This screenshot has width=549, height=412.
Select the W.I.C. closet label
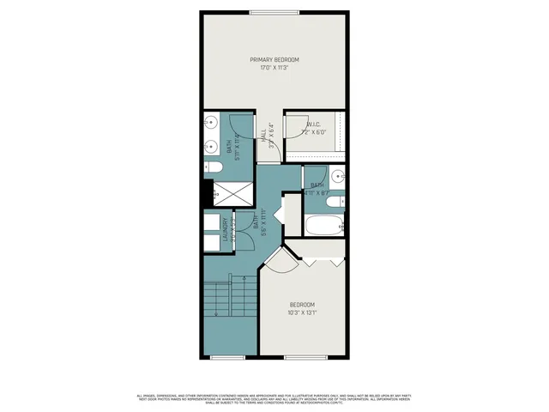coord(314,125)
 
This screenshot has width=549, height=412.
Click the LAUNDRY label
coord(226,234)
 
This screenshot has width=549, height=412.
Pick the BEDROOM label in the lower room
coord(302,306)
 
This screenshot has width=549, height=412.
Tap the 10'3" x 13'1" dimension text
coord(302,313)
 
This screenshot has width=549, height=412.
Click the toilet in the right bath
coord(341,203)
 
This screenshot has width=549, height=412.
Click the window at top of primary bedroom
coord(274,12)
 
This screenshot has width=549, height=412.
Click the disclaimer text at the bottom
coord(274,398)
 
